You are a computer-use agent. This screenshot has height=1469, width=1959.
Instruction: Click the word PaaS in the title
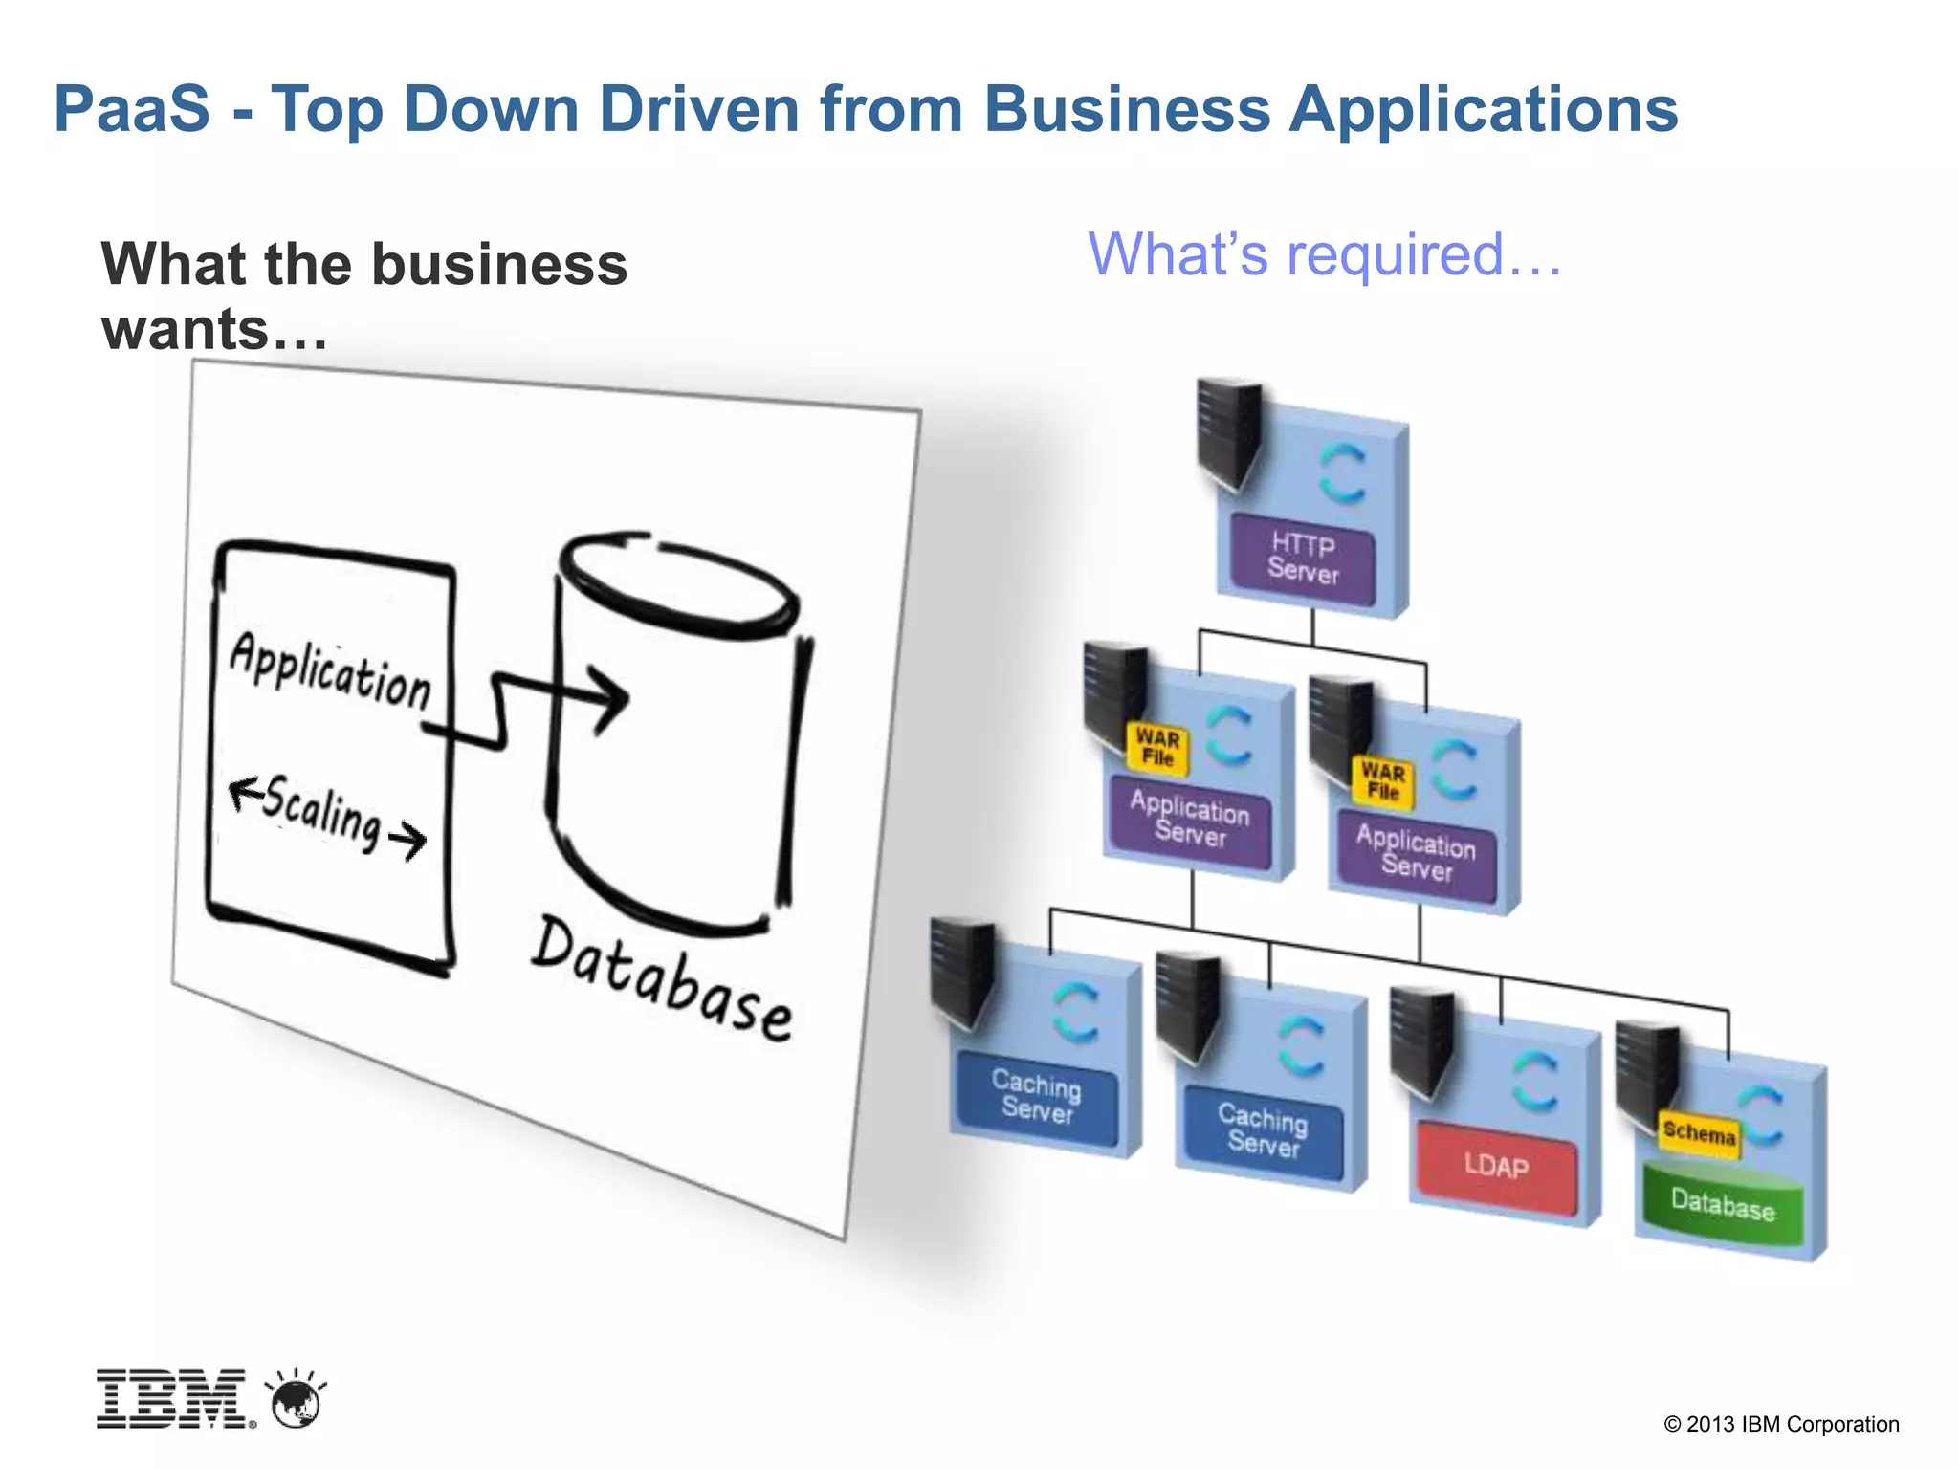coord(132,108)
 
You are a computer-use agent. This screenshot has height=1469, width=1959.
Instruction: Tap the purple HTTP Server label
coord(1303,559)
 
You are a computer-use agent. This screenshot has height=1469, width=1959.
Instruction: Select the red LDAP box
coord(1497,1167)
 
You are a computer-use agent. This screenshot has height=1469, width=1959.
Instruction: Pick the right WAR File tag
coord(1383,781)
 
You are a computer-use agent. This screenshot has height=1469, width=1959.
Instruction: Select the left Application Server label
coord(1190,820)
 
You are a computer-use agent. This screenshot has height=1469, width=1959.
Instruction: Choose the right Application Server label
coord(1417,853)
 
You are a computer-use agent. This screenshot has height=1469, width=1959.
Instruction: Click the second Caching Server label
coord(1264,1129)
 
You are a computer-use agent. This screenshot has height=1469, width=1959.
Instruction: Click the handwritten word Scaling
coord(322,812)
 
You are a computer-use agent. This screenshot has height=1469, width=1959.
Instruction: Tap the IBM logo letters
coord(172,1399)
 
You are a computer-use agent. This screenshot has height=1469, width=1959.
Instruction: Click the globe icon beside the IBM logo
coord(297,1402)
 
